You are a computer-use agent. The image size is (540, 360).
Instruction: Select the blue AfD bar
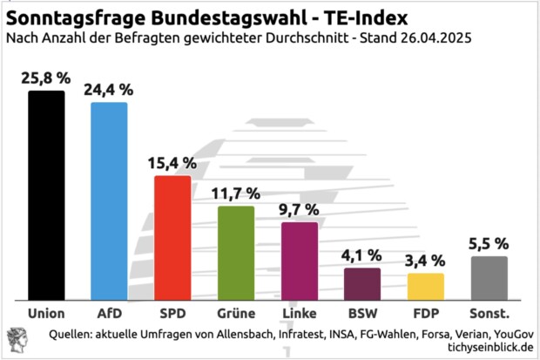(109, 200)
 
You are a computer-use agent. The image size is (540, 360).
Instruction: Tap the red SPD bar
(172, 237)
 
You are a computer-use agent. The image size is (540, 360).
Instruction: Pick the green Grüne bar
(235, 252)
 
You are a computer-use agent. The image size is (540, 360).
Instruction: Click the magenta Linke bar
(299, 261)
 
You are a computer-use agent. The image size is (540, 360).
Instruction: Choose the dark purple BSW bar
(362, 283)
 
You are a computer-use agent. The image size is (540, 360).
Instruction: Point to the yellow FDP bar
(426, 286)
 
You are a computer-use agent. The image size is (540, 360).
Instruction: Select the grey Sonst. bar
(489, 277)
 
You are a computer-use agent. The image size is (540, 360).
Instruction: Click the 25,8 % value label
(46, 78)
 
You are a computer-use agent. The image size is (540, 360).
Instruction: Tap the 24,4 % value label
(109, 89)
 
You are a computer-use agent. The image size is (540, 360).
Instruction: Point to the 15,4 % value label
(172, 163)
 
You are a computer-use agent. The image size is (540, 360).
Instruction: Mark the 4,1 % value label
(362, 255)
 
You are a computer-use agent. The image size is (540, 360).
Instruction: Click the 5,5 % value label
(489, 243)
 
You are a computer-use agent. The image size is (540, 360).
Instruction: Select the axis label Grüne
(235, 312)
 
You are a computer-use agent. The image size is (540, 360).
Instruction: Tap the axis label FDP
(426, 312)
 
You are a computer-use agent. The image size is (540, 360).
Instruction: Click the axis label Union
(46, 312)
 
